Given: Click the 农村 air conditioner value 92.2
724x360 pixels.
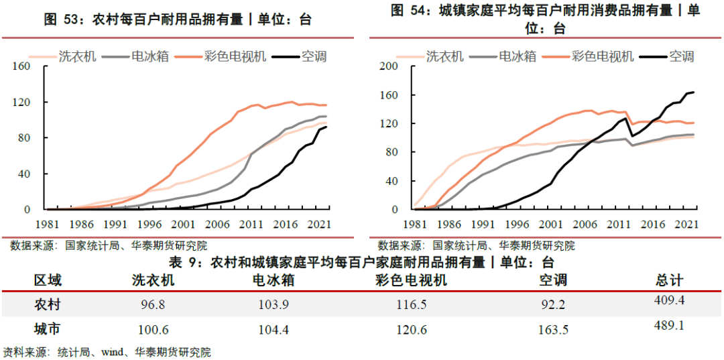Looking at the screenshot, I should click(553, 305).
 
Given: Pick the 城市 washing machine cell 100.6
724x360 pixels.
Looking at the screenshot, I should click(154, 329).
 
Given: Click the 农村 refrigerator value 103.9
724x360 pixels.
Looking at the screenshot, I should click(274, 305).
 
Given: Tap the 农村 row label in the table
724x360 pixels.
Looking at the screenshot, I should click(48, 305).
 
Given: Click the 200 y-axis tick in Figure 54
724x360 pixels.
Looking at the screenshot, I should click(389, 66).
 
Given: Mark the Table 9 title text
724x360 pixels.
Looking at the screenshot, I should click(362, 261).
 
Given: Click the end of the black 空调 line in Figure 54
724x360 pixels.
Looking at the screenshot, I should click(693, 92).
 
